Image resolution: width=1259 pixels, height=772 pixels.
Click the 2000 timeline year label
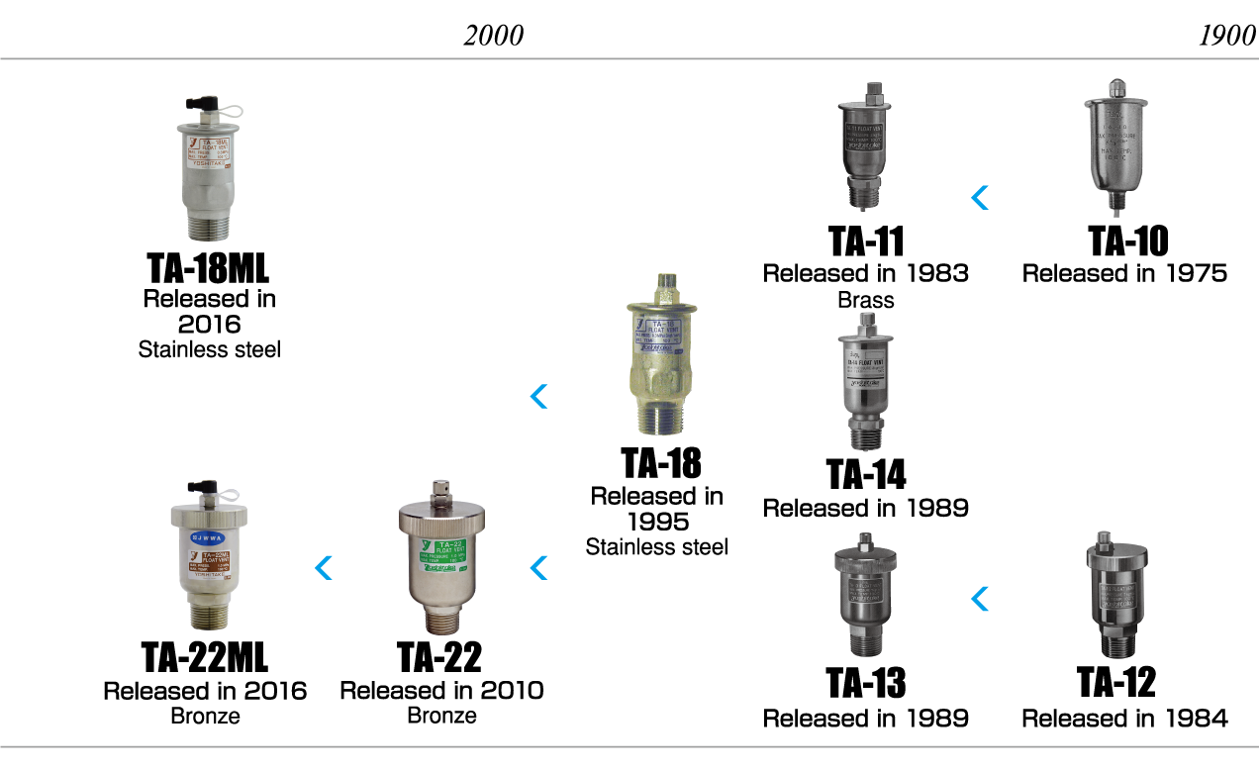493,36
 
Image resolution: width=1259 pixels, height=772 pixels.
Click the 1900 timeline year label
1226,36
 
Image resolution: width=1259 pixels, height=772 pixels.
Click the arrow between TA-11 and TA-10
979,198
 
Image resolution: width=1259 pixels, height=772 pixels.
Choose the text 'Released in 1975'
1124,273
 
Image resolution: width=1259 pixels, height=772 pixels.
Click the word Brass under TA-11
864,300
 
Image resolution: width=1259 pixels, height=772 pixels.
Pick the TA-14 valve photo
865,381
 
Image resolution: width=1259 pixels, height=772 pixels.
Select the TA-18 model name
660,463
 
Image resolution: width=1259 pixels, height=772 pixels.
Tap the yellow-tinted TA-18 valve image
659,356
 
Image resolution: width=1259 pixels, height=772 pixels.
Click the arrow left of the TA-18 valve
538,397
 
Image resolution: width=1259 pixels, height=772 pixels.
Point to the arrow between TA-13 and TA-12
979,598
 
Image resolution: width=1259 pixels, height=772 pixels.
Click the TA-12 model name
1115,682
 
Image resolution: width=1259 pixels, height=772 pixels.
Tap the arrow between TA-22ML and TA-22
323,568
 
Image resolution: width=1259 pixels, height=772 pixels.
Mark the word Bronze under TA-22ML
205,716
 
